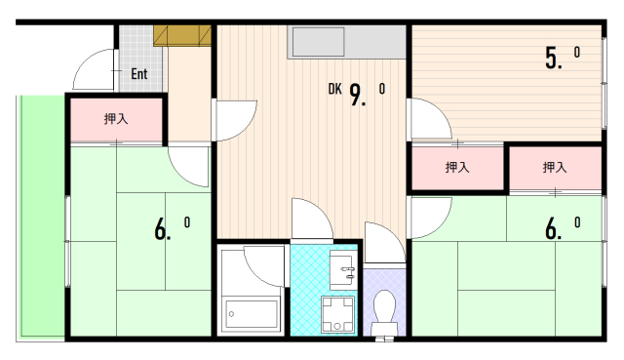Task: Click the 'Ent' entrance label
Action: click(137, 73)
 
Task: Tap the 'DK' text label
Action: click(334, 90)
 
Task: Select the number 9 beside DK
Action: click(357, 96)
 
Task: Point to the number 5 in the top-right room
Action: click(554, 59)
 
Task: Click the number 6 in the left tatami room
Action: click(161, 230)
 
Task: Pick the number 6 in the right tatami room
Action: click(553, 230)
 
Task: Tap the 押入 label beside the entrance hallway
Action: click(116, 119)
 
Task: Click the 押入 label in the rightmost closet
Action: click(555, 168)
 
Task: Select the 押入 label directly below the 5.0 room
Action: click(457, 168)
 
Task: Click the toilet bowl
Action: click(385, 310)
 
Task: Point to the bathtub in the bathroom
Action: click(253, 313)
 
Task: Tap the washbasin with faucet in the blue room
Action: click(343, 269)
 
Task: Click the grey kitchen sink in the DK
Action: click(318, 44)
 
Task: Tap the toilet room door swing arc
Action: click(379, 244)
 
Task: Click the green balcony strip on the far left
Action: click(40, 215)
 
